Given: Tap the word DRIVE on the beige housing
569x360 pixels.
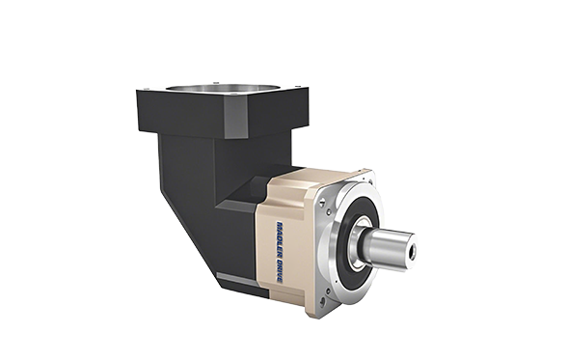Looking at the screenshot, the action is pos(279,270).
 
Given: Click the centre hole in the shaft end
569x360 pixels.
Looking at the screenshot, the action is pos(412,254).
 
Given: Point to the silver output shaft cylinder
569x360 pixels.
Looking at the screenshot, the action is pos(389,248).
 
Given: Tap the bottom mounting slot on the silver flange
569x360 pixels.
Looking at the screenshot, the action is pos(323,302).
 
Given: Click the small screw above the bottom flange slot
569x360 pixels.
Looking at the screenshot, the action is pos(329,291).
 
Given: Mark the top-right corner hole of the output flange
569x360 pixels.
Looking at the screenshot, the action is pos(366,179).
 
